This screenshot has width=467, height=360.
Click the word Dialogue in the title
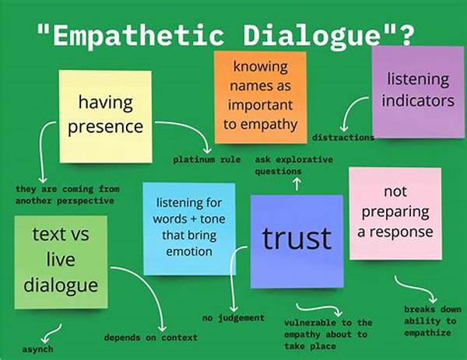click(312, 36)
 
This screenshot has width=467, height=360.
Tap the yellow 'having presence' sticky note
click(105, 117)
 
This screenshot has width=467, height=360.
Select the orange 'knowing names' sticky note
click(261, 97)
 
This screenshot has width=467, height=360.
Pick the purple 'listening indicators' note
click(418, 92)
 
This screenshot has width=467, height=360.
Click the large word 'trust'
click(297, 239)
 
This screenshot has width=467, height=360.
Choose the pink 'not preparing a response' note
click(395, 213)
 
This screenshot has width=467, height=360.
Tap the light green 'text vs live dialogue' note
click(61, 262)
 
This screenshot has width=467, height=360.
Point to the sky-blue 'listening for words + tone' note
click(189, 229)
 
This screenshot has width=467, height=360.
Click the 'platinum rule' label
click(207, 159)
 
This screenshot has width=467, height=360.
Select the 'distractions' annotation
click(343, 138)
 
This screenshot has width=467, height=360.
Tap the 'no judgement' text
click(233, 318)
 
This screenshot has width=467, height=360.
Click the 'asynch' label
click(37, 349)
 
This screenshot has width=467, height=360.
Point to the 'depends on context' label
click(151, 337)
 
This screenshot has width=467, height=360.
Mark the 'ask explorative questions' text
click(293, 166)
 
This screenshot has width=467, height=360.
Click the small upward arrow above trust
click(297, 184)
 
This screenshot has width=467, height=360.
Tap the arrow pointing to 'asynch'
click(52, 334)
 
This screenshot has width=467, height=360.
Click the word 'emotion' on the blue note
click(189, 252)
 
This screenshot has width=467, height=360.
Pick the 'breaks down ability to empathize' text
click(433, 321)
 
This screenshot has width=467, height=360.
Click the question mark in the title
click(406, 36)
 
